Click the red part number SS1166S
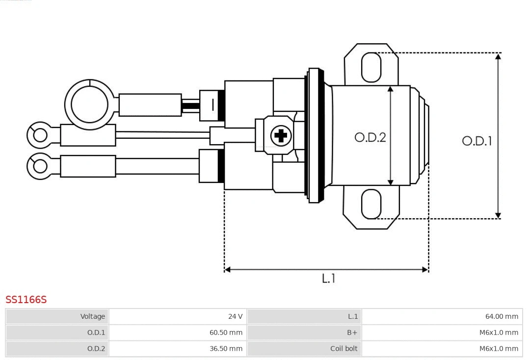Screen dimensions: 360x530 pos(26,300)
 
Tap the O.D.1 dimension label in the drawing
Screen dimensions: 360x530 pos(477,141)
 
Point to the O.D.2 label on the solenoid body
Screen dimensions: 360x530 pos(370,137)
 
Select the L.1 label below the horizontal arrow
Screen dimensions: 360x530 pos(328,278)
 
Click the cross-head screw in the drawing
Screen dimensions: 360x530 pos(281,135)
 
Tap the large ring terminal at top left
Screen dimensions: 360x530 pos(89,104)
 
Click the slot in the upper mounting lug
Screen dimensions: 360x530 pos(371,67)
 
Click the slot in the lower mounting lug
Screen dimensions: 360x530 pos(371,204)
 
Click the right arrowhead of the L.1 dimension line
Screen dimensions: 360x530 pos(425,269)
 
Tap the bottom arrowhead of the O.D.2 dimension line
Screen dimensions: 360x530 pos(391,182)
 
